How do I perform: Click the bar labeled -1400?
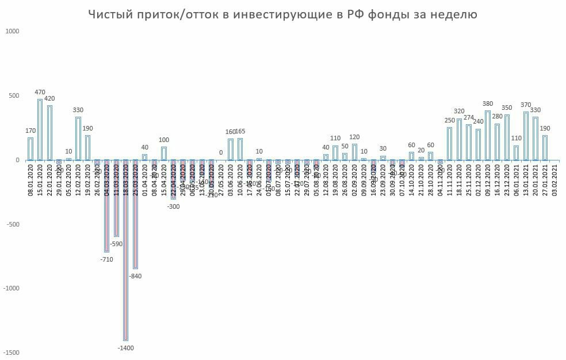[x=125, y=250]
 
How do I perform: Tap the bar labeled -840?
[x=135, y=214]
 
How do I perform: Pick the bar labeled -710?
[x=106, y=206]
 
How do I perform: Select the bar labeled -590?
[x=116, y=198]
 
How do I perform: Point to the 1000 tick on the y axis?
[x=12, y=32]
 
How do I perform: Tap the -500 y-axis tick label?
[x=12, y=224]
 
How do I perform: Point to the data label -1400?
[x=125, y=348]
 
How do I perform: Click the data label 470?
[x=40, y=92]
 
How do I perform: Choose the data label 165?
[x=240, y=131]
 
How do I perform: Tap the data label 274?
[x=469, y=118]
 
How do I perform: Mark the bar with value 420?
[x=49, y=133]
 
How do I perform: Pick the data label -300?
[x=173, y=206]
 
